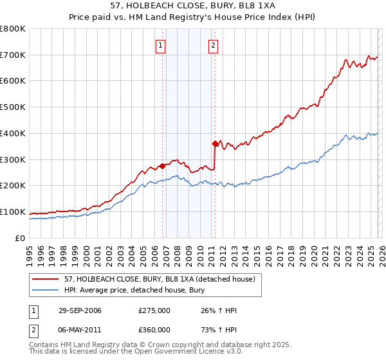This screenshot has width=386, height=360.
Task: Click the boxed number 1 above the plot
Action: [x=160, y=46]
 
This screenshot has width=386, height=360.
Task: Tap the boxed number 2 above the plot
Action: [x=212, y=46]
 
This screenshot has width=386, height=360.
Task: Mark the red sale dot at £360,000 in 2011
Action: [x=215, y=143]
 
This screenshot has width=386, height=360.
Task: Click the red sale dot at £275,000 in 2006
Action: [x=162, y=166]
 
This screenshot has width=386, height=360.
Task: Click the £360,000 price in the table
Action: [x=154, y=330]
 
